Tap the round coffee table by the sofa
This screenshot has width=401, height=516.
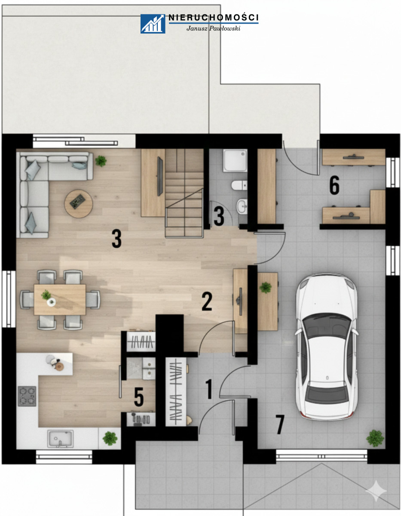click(x=79, y=203)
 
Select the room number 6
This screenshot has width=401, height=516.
click(x=334, y=186)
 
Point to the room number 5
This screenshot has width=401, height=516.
click(x=139, y=396)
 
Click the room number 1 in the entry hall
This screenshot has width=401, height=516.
click(x=209, y=389)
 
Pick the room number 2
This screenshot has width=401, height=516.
click(x=207, y=301)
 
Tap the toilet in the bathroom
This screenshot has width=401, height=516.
click(x=239, y=185)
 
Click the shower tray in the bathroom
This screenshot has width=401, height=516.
click(x=235, y=160)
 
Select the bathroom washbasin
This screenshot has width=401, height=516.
click(x=242, y=206)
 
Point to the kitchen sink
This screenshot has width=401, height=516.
click(x=60, y=439)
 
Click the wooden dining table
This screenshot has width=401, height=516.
click(x=60, y=299)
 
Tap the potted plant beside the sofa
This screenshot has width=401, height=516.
click(x=101, y=161)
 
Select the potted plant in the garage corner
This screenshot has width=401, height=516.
click(x=375, y=438)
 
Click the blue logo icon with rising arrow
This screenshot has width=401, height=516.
click(x=153, y=24)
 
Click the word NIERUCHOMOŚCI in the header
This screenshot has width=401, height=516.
click(x=213, y=18)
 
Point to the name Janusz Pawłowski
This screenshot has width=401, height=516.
click(x=213, y=28)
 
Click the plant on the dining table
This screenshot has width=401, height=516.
click(x=46, y=295)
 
